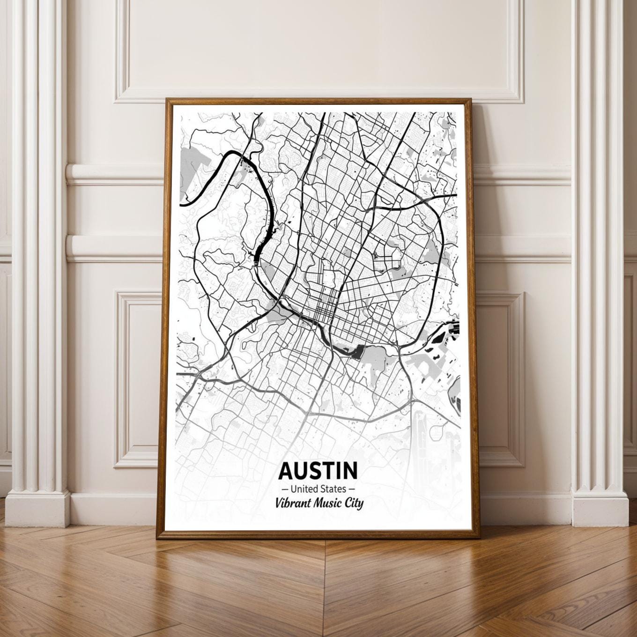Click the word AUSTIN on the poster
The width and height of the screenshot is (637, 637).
(318, 470)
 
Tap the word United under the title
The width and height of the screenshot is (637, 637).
(304, 489)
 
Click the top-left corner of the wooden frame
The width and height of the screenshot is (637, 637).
(166, 99)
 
